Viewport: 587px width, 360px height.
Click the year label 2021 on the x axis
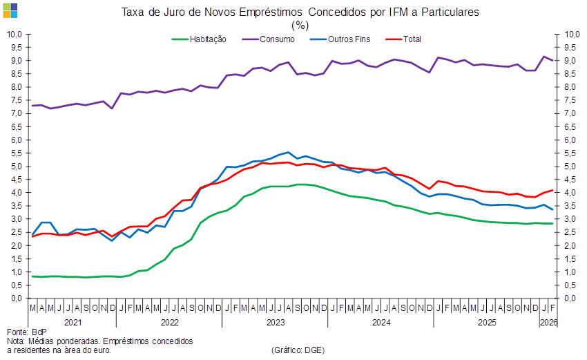click(x=73, y=322)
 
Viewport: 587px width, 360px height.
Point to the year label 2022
click(x=170, y=322)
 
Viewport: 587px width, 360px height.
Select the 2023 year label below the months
click(x=276, y=322)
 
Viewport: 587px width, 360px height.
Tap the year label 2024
click(x=381, y=322)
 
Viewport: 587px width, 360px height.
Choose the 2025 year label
click(x=487, y=322)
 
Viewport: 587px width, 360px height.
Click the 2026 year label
click(x=548, y=322)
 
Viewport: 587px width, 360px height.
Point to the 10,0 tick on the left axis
click(x=15, y=34)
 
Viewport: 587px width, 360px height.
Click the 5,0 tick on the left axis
click(x=16, y=167)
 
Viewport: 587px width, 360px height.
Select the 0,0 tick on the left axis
click(x=16, y=299)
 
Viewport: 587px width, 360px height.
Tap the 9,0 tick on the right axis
click(x=571, y=61)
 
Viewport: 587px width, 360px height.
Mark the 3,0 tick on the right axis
click(x=571, y=219)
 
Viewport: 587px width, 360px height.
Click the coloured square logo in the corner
click(x=11, y=10)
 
